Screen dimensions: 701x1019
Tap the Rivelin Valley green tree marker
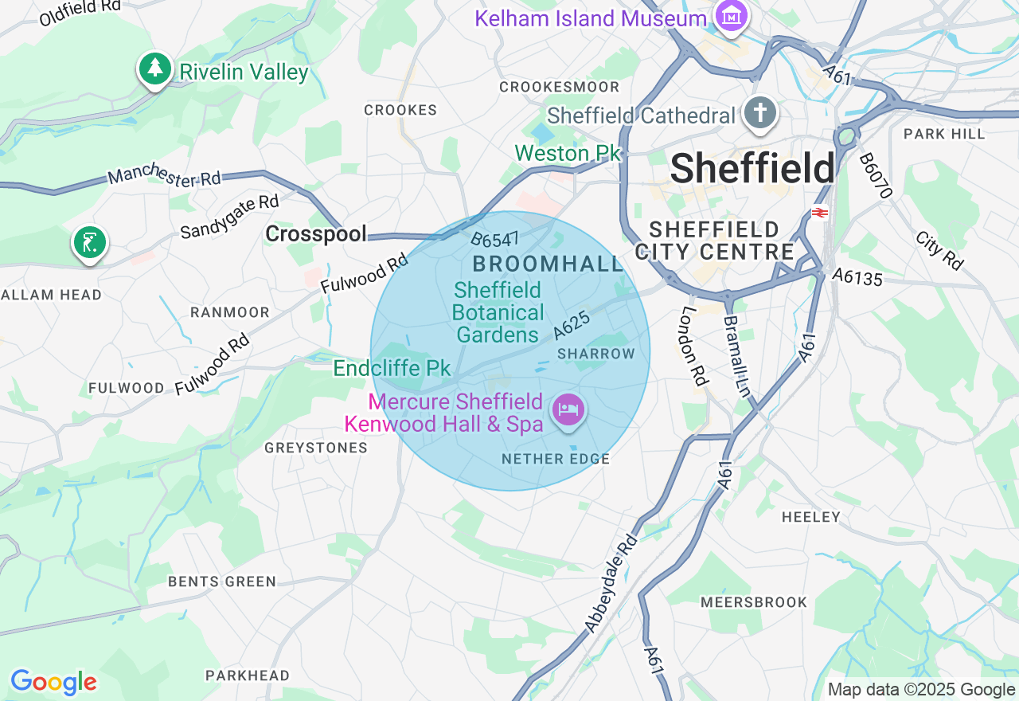point(155,69)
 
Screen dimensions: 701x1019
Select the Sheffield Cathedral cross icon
point(760,114)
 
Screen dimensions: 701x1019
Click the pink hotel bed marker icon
point(568,410)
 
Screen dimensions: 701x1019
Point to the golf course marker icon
point(90,241)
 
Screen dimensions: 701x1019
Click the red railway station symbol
point(819,213)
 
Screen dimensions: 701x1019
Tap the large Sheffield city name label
point(752,169)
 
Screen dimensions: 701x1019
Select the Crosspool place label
point(316,233)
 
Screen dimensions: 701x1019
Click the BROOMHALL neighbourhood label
point(549,264)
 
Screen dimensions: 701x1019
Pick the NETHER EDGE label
point(556,459)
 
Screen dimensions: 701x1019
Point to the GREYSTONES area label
point(316,448)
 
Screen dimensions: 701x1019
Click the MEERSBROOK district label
point(754,602)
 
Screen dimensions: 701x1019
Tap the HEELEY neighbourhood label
point(810,517)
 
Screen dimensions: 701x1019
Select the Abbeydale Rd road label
point(611,585)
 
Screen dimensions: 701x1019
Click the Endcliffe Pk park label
point(392,368)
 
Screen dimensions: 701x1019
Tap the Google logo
point(53,682)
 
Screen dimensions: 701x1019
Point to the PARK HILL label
point(944,134)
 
